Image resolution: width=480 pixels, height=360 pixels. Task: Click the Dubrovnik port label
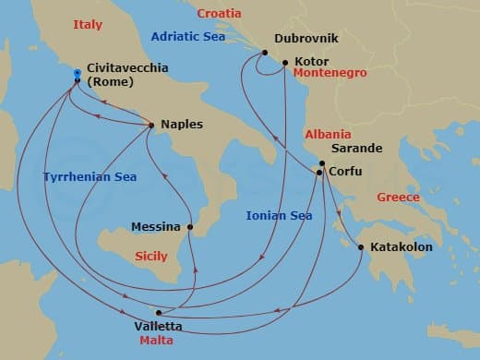click(x=307, y=39)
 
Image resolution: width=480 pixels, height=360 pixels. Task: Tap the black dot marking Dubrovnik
click(x=264, y=53)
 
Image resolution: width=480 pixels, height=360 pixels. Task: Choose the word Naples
click(x=182, y=124)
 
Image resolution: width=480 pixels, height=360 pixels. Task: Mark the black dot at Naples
click(x=151, y=125)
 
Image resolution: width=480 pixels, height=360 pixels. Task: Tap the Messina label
click(x=157, y=226)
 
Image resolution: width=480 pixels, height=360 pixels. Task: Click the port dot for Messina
click(x=190, y=226)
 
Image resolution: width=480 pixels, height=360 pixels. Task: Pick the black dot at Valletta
click(x=160, y=312)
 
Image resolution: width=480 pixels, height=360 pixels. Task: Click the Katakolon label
click(x=401, y=247)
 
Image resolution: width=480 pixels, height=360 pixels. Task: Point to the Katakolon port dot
click(x=360, y=246)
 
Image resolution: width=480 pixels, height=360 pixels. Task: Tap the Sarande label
click(x=356, y=148)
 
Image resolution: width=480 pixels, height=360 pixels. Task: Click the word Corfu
click(x=344, y=172)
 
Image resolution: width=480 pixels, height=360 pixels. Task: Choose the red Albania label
click(x=327, y=134)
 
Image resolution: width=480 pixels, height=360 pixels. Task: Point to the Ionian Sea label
click(x=278, y=215)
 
